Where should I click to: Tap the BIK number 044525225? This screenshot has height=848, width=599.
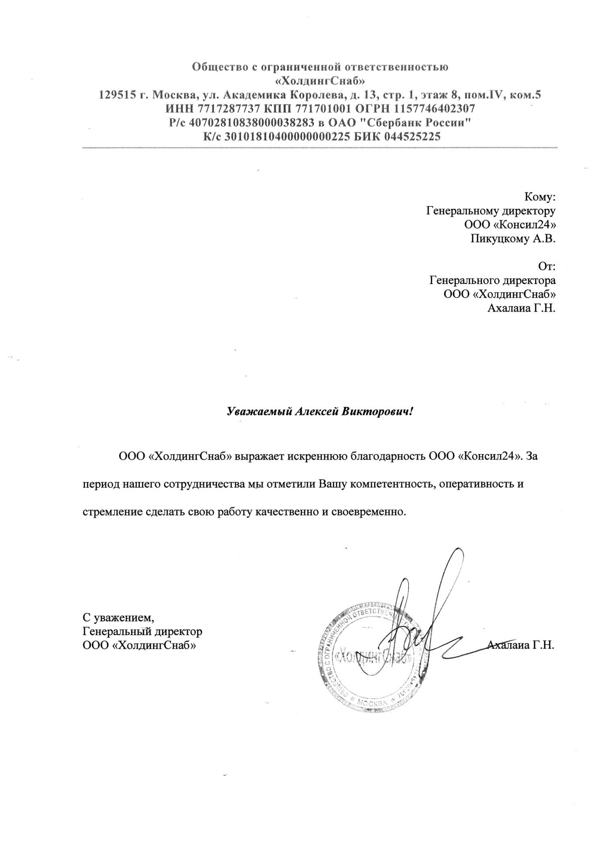point(413,136)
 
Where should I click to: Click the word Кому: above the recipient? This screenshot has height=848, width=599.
point(539,197)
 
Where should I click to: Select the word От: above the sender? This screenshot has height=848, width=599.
point(546,266)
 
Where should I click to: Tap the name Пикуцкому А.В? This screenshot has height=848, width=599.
point(512,239)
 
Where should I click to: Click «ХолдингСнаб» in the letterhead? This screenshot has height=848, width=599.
point(320,81)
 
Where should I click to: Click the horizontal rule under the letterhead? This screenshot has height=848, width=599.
point(320,148)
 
